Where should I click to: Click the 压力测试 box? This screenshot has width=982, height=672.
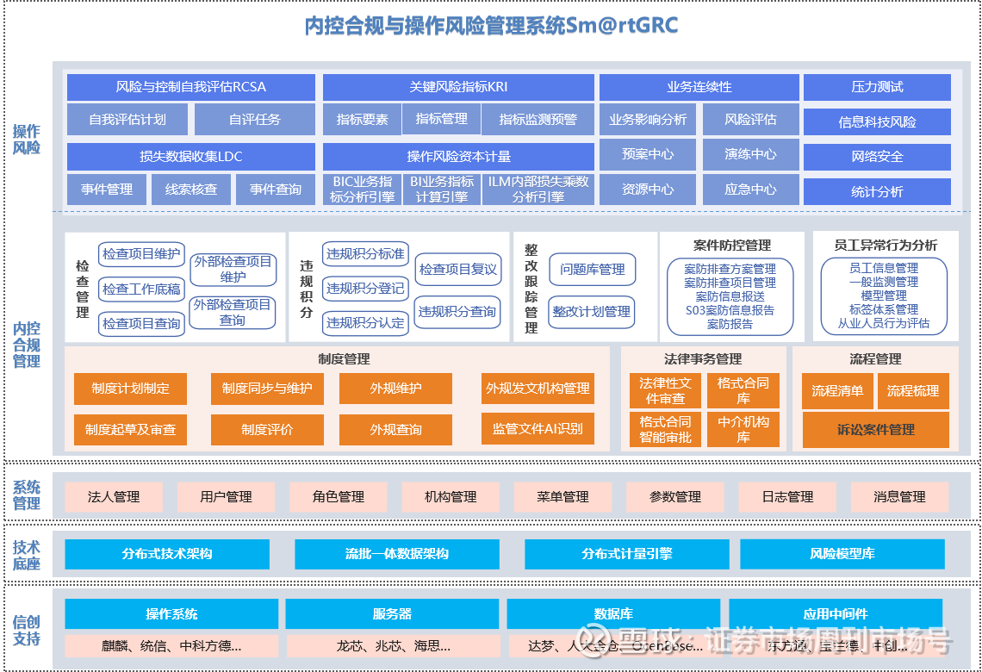(x=877, y=87)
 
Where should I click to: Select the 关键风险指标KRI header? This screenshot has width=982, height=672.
(x=458, y=87)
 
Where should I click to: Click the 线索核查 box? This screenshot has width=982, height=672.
(x=191, y=190)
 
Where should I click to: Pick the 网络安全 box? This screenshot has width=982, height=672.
(x=877, y=157)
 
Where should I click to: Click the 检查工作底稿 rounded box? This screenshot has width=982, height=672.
(x=141, y=289)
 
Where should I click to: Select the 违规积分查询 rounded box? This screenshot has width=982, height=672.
(x=457, y=311)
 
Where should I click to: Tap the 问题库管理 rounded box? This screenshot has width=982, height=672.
(x=592, y=270)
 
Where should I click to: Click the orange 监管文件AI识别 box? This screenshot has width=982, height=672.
(x=538, y=429)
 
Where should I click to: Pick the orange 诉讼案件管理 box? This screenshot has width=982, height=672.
(x=875, y=430)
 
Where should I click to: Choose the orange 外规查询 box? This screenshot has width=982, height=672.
(x=395, y=429)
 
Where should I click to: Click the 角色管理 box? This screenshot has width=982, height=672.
(x=339, y=497)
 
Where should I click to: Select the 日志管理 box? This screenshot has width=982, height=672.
(x=787, y=497)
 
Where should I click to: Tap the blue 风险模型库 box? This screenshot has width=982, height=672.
(x=842, y=554)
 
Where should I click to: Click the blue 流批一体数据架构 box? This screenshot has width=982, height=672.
(x=396, y=554)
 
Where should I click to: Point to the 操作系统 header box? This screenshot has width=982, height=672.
(x=171, y=614)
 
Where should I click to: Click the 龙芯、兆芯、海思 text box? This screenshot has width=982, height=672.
(x=392, y=645)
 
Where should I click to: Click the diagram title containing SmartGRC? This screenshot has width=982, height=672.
(x=491, y=27)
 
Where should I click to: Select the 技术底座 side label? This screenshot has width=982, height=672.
(x=27, y=556)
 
